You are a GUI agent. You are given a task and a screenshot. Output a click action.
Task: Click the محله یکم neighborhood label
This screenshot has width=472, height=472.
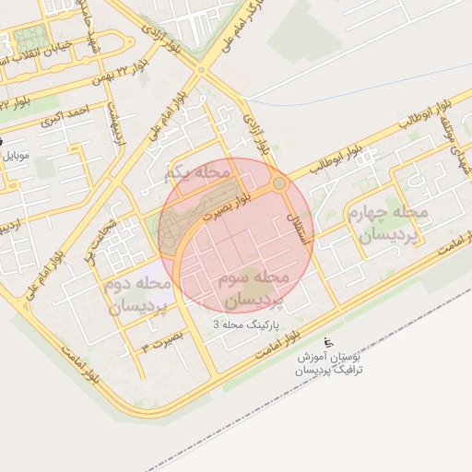(x=194, y=173)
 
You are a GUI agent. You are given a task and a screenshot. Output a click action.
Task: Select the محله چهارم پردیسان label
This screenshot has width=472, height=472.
(x=388, y=224)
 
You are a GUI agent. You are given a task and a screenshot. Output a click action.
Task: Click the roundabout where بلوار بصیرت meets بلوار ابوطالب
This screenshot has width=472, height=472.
(x=280, y=184)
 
